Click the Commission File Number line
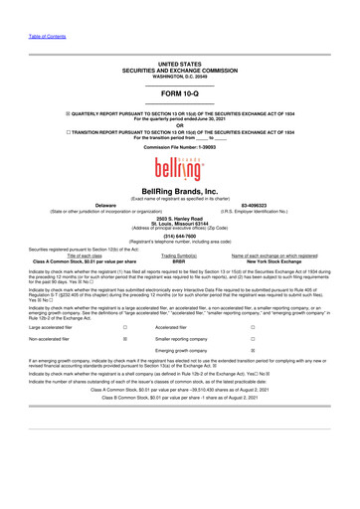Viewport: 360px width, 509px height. pyautogui.click(x=180, y=147)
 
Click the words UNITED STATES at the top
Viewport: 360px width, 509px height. pyautogui.click(x=180, y=62)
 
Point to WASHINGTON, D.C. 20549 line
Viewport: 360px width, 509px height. pyautogui.click(x=180, y=74)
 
